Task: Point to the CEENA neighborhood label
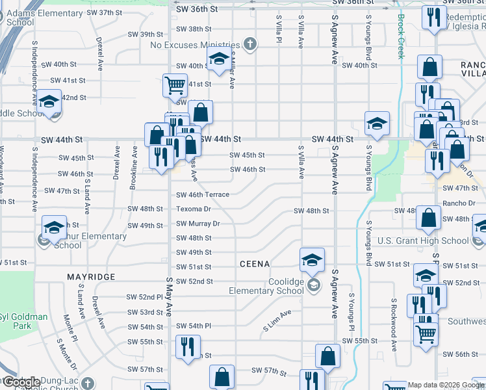[254, 264]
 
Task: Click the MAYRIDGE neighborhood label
[91, 277]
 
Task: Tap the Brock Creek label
[402, 36]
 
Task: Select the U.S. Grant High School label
[423, 241]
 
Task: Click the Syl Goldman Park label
[24, 321]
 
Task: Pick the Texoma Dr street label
[194, 209]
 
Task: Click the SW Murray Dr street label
[198, 224]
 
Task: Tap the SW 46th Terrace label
[203, 194]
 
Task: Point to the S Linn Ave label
[277, 321]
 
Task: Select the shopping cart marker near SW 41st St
[174, 84]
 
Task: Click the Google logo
[21, 382]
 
